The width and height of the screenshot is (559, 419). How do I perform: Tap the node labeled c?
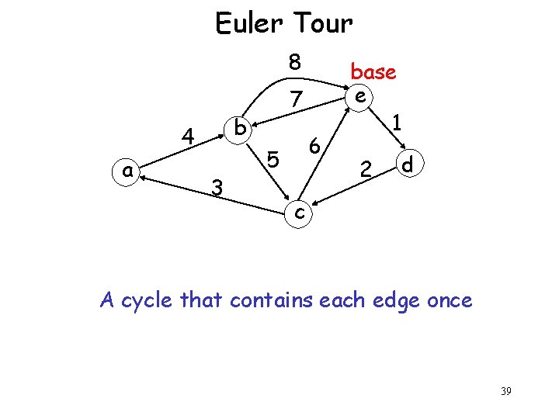[300, 212]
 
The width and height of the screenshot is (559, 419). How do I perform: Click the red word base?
[373, 72]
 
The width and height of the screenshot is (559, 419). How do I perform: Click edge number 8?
[295, 62]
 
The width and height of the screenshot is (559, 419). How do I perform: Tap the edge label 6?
[314, 145]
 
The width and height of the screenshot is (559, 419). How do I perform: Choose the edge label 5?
[273, 160]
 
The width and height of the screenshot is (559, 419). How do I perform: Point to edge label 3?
[218, 187]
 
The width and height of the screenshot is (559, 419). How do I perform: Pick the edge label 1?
[397, 123]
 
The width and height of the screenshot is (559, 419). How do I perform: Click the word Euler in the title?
[249, 24]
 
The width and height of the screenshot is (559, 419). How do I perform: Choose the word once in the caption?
[444, 300]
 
